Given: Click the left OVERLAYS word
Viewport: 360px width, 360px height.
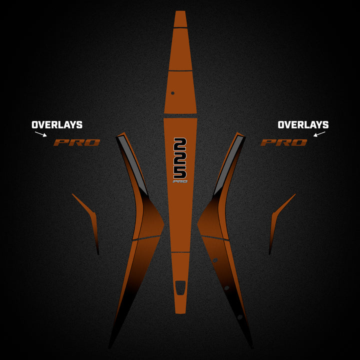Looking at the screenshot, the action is [57, 124].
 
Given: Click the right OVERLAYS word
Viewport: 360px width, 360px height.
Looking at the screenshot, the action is [303, 124].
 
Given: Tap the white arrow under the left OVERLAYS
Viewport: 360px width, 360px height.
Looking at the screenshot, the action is [41, 134].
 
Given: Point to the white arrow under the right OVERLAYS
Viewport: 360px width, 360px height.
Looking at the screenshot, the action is [319, 134].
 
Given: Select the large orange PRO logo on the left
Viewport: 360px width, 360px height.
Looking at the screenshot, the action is [76, 142].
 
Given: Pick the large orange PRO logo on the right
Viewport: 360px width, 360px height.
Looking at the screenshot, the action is [284, 142].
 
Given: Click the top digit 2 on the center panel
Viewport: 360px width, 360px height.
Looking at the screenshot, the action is [180, 144].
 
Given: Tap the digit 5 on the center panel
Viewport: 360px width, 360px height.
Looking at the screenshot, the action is [180, 171].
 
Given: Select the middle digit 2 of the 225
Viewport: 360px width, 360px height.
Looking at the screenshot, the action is [180, 158].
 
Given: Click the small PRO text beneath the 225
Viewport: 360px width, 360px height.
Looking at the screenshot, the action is [180, 181].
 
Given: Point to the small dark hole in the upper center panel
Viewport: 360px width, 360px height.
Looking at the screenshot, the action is [172, 93].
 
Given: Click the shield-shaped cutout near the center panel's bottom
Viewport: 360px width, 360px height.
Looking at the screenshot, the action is [180, 287].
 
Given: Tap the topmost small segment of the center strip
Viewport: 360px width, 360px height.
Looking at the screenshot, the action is [180, 19].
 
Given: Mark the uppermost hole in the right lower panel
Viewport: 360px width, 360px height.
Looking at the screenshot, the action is [215, 260].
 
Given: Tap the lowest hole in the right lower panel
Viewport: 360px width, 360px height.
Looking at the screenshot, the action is [240, 317].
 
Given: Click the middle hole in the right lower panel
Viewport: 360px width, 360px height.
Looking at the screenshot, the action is [227, 287].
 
